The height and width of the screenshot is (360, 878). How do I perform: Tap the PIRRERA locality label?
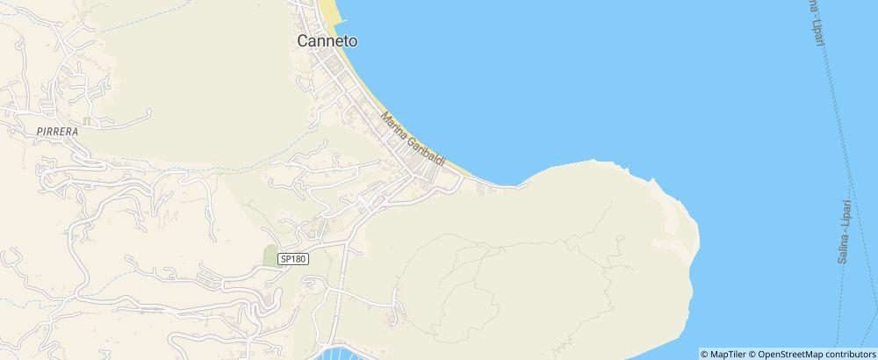point(59,130)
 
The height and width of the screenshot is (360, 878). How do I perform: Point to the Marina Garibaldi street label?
point(414,141)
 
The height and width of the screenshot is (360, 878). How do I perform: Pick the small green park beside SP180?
point(270,256)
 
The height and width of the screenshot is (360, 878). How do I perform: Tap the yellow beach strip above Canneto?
point(329,11)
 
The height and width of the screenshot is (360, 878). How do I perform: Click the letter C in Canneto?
point(303,41)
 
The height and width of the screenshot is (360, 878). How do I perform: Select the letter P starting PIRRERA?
point(40,130)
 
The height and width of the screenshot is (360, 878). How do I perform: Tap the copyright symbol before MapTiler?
point(705,354)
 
